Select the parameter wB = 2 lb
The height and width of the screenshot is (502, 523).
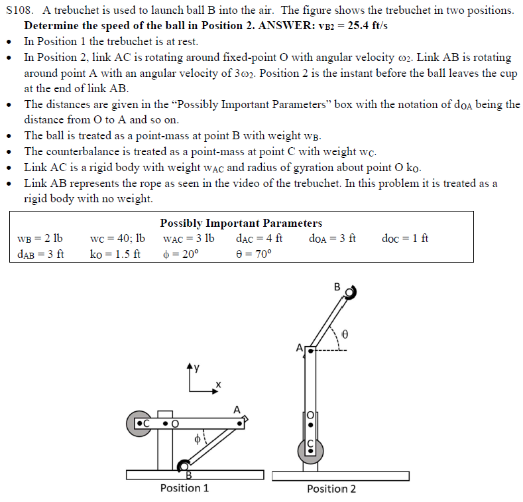pos(40,238)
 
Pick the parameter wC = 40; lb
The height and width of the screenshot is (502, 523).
pos(117,238)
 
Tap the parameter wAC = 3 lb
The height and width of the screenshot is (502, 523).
pos(188,238)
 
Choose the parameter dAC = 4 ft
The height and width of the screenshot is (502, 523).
pos(259,238)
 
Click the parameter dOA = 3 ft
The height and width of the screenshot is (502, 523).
pos(333,238)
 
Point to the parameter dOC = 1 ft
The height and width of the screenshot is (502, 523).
pos(405,238)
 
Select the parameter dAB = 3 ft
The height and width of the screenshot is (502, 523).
pos(40,254)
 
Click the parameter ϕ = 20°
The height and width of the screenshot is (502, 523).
pos(180,254)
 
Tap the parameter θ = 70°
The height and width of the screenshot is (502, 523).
pos(254,254)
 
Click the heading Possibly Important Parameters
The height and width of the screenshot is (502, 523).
pos(241,223)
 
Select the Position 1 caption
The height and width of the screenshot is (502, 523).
pos(184,488)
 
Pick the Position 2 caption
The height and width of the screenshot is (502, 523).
pos(331,489)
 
